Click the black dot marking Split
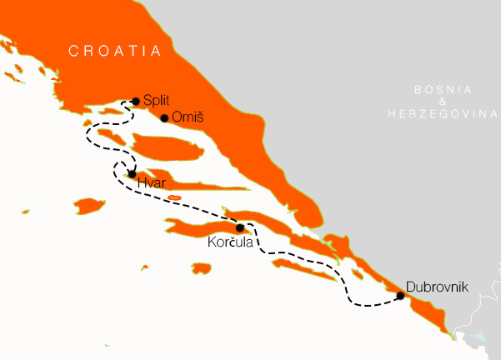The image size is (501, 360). (136, 101)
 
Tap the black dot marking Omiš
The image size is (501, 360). (164, 117)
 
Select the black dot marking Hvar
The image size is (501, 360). (132, 174)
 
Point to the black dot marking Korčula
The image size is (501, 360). (240, 227)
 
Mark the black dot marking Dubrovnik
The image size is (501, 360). (400, 296)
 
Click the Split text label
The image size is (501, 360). (156, 99)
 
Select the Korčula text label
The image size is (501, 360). (229, 242)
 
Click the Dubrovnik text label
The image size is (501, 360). (437, 287)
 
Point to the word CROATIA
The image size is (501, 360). (114, 51)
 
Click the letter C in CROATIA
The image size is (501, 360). (73, 51)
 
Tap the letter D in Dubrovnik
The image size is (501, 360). (409, 287)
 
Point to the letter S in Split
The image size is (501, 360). (147, 99)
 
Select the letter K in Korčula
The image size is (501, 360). (211, 242)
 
